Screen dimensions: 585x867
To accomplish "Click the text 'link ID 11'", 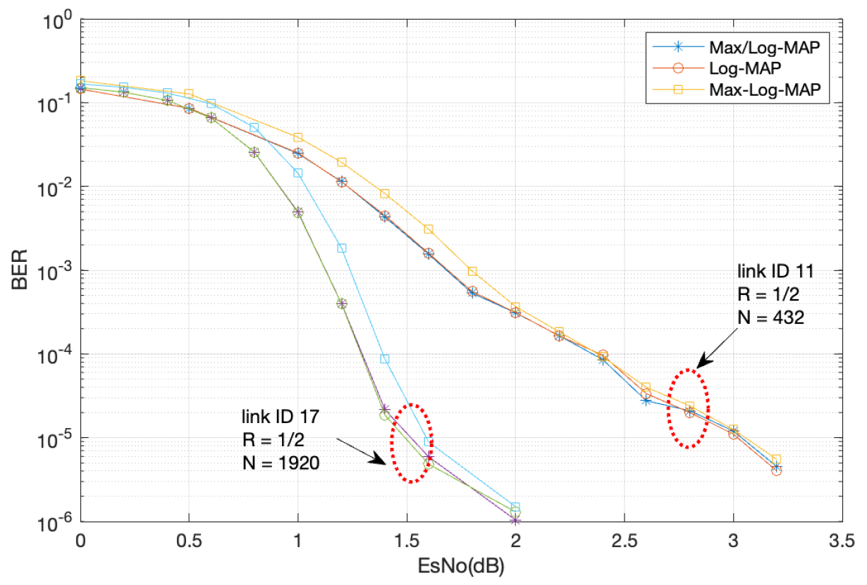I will (768, 271).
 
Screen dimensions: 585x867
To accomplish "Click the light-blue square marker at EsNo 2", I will (515, 507).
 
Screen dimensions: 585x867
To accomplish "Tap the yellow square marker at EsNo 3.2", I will (776, 459).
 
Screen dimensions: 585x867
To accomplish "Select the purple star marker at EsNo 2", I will (515, 520).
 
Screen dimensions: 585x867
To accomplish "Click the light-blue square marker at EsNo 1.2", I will (342, 248).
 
